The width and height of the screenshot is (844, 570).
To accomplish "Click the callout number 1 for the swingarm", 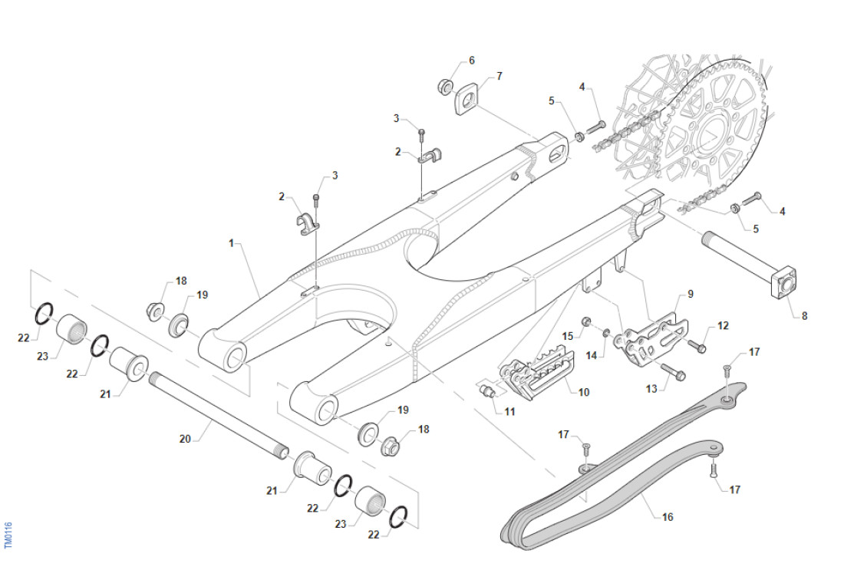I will click(230, 243).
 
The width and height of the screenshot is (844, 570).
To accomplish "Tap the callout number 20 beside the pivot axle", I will click(184, 439).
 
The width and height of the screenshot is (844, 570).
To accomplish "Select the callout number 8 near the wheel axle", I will click(804, 315).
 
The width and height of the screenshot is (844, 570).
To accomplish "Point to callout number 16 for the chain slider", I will click(668, 517).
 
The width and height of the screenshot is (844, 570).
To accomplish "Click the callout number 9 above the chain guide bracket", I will click(690, 294).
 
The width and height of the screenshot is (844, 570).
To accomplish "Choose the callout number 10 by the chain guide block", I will click(584, 392).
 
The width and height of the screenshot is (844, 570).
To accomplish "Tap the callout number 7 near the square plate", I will click(499, 77).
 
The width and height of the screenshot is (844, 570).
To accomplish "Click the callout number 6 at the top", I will click(471, 60).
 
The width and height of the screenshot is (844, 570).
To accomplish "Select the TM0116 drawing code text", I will click(8, 535).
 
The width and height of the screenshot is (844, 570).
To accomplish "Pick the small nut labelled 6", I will click(445, 84).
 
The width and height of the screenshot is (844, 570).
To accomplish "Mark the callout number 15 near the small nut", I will click(568, 336).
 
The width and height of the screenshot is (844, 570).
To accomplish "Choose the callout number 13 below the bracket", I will click(651, 389).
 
